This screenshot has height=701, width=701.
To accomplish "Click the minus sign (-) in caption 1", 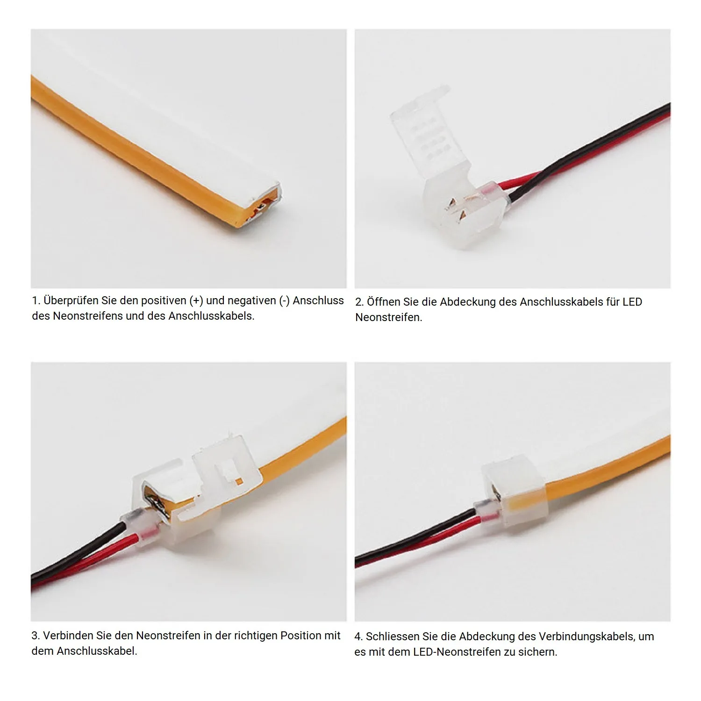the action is pos(285,301).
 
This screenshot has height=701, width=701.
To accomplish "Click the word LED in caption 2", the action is pos(632,302).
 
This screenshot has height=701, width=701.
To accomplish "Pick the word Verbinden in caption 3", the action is pos(68,636).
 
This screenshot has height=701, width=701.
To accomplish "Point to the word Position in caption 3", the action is pos(300,636).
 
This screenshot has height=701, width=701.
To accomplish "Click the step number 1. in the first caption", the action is pos(36,301).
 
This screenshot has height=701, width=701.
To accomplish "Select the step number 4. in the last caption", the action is pos(359,637).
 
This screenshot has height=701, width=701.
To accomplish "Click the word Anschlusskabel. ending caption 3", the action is pos(97,651).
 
